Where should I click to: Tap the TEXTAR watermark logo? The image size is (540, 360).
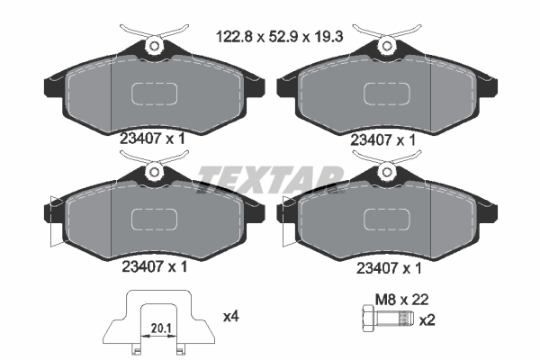(270, 176)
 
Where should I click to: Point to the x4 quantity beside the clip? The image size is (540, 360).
(230, 317)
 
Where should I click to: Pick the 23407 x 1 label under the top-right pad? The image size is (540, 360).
(383, 139)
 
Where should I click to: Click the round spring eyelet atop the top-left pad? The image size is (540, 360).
(155, 44)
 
